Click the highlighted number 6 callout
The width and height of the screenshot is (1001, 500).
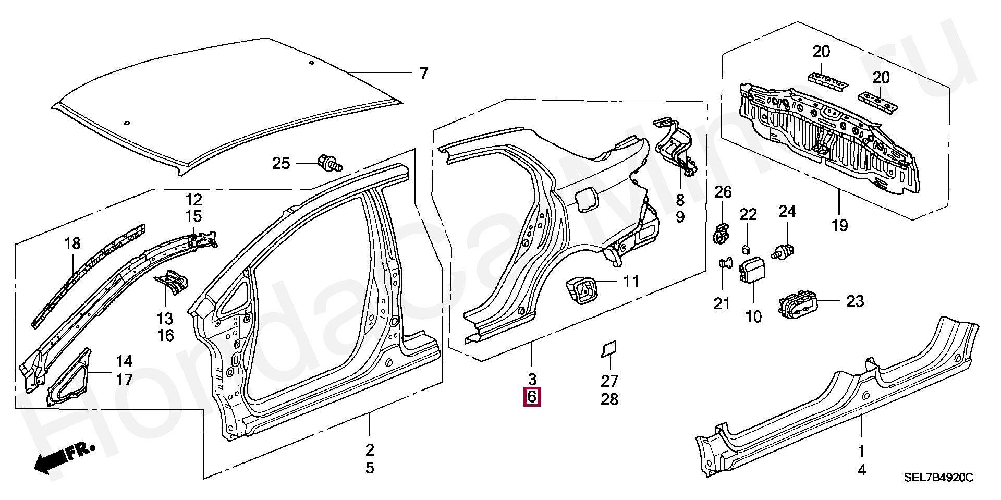532,398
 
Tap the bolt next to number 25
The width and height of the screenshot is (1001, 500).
329,163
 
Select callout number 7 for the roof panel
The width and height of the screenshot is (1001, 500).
423,74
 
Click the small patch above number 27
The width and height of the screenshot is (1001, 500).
609,349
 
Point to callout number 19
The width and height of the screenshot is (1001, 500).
840,226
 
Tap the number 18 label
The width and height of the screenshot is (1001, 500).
73,244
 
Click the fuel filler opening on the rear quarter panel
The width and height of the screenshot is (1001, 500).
585,200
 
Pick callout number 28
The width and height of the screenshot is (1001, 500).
609,399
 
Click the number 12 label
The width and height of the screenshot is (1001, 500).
194,200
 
